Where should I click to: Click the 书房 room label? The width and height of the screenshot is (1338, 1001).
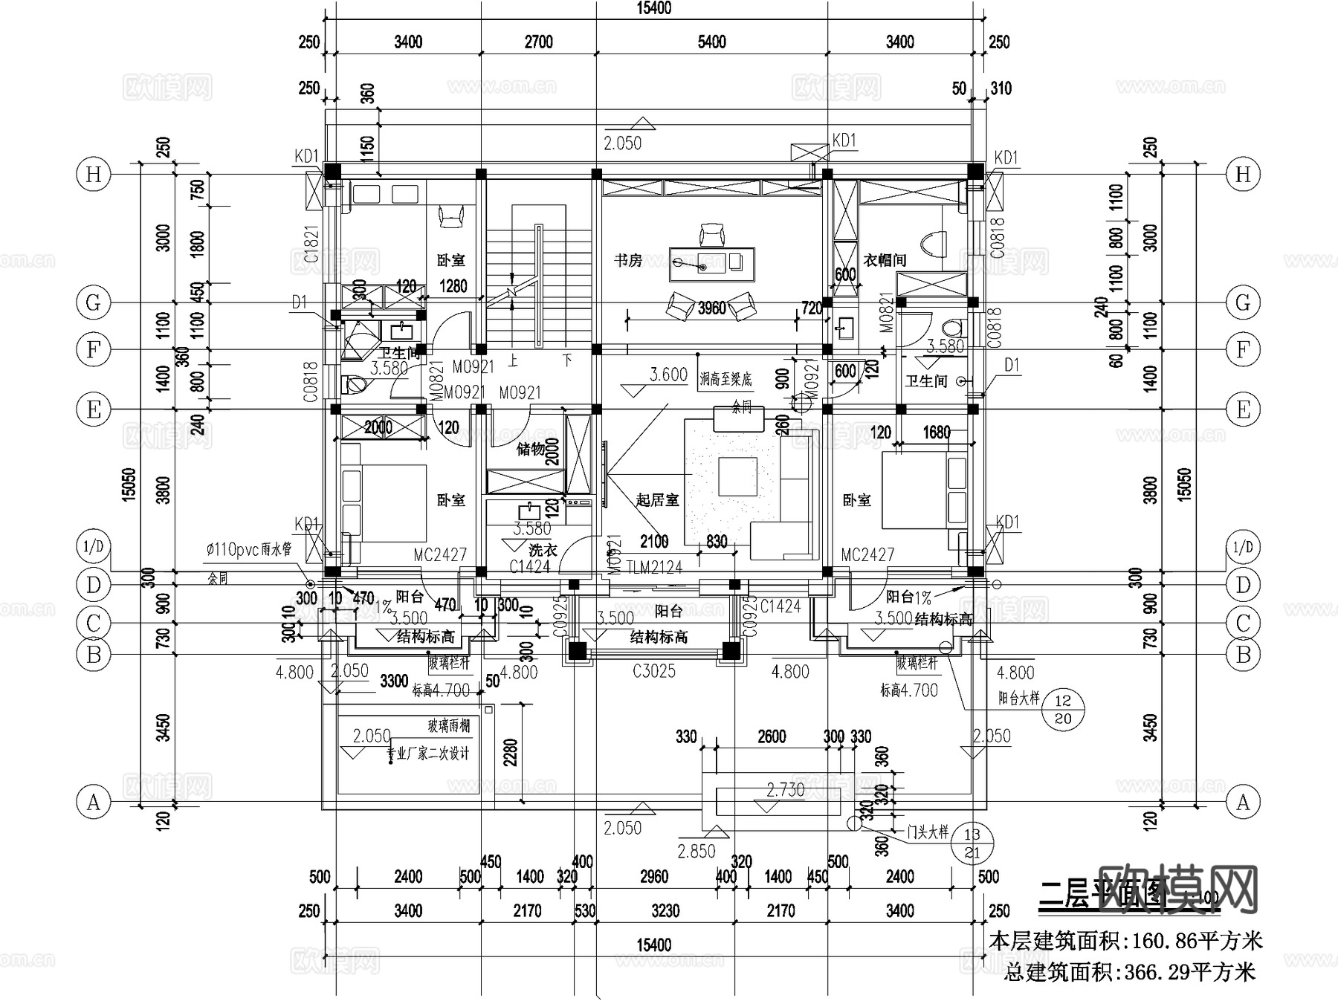pos(628,260)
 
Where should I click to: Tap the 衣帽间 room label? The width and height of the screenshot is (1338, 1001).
pos(885,260)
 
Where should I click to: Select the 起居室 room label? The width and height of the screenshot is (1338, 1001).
pos(657,500)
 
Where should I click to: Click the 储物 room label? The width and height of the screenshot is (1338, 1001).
pos(531,449)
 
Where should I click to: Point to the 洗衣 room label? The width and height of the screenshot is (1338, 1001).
pos(543,550)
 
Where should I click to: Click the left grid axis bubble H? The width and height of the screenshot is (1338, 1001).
pos(94,175)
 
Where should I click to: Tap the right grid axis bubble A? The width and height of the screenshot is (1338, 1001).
pos(1243,803)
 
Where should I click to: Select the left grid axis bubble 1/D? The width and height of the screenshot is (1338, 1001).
pos(94,548)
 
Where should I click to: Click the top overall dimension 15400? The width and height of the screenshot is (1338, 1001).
pos(653,8)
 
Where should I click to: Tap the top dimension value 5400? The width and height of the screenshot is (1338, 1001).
pos(711,42)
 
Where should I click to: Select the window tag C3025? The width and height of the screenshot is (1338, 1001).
pos(654,671)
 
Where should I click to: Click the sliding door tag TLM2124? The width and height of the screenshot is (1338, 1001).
pos(654,568)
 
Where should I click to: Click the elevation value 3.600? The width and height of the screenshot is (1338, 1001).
pos(668,375)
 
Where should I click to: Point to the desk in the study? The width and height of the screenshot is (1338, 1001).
pos(711,264)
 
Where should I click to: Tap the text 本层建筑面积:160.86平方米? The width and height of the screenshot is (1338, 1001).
pos(1125,941)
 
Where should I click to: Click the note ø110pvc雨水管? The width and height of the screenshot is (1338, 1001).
pos(249,550)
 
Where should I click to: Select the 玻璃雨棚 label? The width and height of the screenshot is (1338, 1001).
pos(448,725)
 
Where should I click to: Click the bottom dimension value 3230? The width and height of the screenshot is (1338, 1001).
pos(654,910)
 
